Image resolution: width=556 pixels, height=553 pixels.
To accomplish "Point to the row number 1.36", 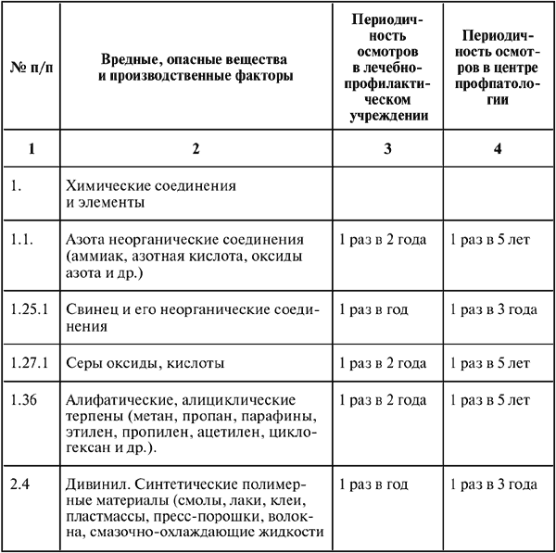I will pos(22,400).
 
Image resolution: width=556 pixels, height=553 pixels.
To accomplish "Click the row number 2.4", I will pos(19,484).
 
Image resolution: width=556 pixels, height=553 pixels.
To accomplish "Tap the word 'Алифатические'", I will pos(115,400).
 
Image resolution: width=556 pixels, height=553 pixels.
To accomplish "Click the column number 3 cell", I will pos(389,147).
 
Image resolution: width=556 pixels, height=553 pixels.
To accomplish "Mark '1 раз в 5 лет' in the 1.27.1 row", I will pos(489,364).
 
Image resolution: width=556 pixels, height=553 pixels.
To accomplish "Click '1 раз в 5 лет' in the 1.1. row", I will pos(489,240).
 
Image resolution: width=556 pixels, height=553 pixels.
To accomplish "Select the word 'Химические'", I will pos(108,185).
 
